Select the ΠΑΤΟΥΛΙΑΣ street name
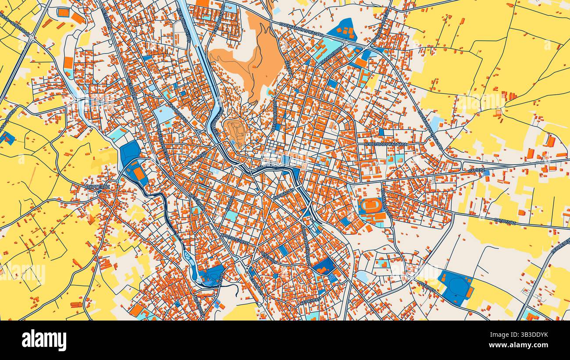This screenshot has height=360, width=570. [x=504, y=221]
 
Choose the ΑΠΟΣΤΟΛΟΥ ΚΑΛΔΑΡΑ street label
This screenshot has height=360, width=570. [x=385, y=144]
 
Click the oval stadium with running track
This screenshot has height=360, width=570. [x=371, y=205]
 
